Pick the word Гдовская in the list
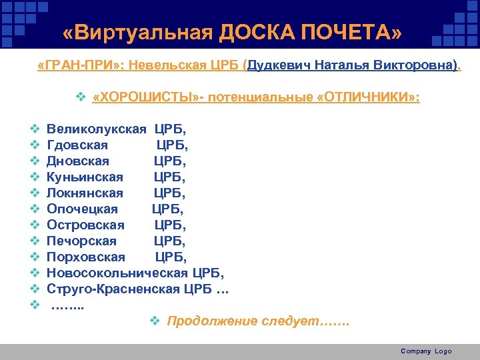coord(77,145)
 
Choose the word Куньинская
coord(85,177)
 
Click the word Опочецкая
coord(82,209)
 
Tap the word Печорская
coord(81,241)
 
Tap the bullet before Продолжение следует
coord(155,322)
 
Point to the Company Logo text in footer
coord(426,351)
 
